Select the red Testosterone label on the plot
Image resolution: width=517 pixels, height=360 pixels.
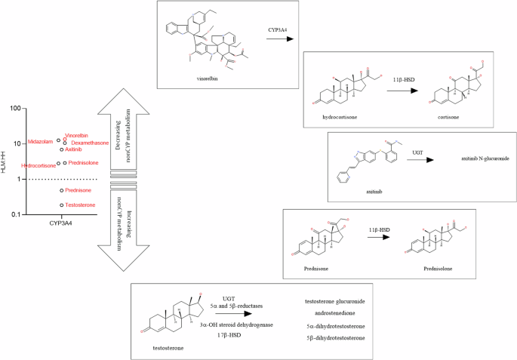80,205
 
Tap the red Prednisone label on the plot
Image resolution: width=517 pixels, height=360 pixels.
79,191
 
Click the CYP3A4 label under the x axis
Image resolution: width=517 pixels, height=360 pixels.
61,224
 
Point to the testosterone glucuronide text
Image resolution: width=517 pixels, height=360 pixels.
334,301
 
